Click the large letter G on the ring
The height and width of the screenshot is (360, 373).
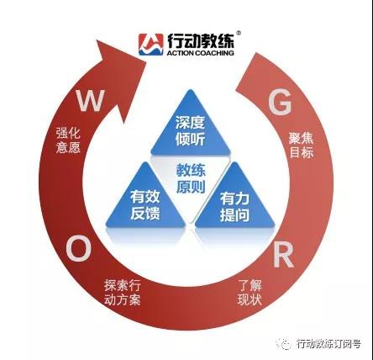[x=281, y=103]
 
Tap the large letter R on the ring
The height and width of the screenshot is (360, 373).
[x=283, y=255]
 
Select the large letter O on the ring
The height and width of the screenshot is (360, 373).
[x=78, y=248]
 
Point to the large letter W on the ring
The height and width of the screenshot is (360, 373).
[x=91, y=100]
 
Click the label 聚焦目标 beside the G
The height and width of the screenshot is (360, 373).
[x=301, y=146]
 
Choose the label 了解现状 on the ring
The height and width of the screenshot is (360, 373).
[x=250, y=293]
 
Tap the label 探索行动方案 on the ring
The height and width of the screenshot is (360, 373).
[x=123, y=293]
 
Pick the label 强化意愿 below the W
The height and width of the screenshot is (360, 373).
[x=68, y=140]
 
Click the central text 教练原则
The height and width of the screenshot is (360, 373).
[x=191, y=178]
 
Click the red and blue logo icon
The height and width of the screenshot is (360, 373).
[x=151, y=45]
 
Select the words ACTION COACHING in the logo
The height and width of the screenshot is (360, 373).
[x=201, y=53]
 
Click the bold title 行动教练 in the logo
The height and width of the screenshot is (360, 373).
[x=201, y=40]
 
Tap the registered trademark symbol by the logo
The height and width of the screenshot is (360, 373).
[x=239, y=33]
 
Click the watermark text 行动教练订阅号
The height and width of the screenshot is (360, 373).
[x=328, y=343]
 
